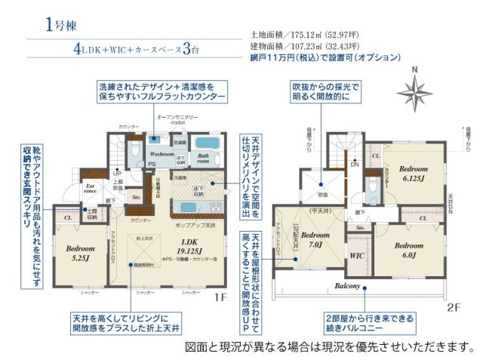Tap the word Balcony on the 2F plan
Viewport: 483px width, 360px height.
[348, 286]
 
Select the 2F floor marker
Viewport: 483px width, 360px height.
[452, 307]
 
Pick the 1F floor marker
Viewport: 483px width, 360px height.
[219, 297]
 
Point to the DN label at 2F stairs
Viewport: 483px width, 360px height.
[355, 163]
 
